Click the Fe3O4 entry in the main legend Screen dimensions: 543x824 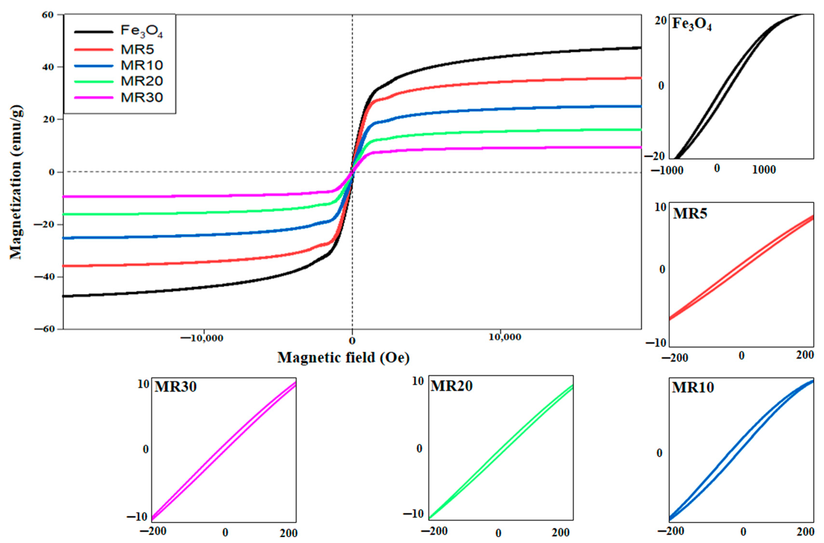[141, 31]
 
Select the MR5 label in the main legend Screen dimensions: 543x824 [137, 50]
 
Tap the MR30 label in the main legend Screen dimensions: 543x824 [141, 98]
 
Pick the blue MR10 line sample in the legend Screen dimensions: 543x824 [94, 65]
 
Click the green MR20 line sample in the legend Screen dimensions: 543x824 [94, 82]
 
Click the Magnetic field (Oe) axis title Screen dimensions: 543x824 [343, 358]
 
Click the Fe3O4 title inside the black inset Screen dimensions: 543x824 [692, 24]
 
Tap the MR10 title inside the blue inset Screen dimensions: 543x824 [693, 387]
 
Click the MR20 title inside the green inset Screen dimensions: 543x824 [451, 386]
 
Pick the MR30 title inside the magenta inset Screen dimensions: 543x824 [175, 387]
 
